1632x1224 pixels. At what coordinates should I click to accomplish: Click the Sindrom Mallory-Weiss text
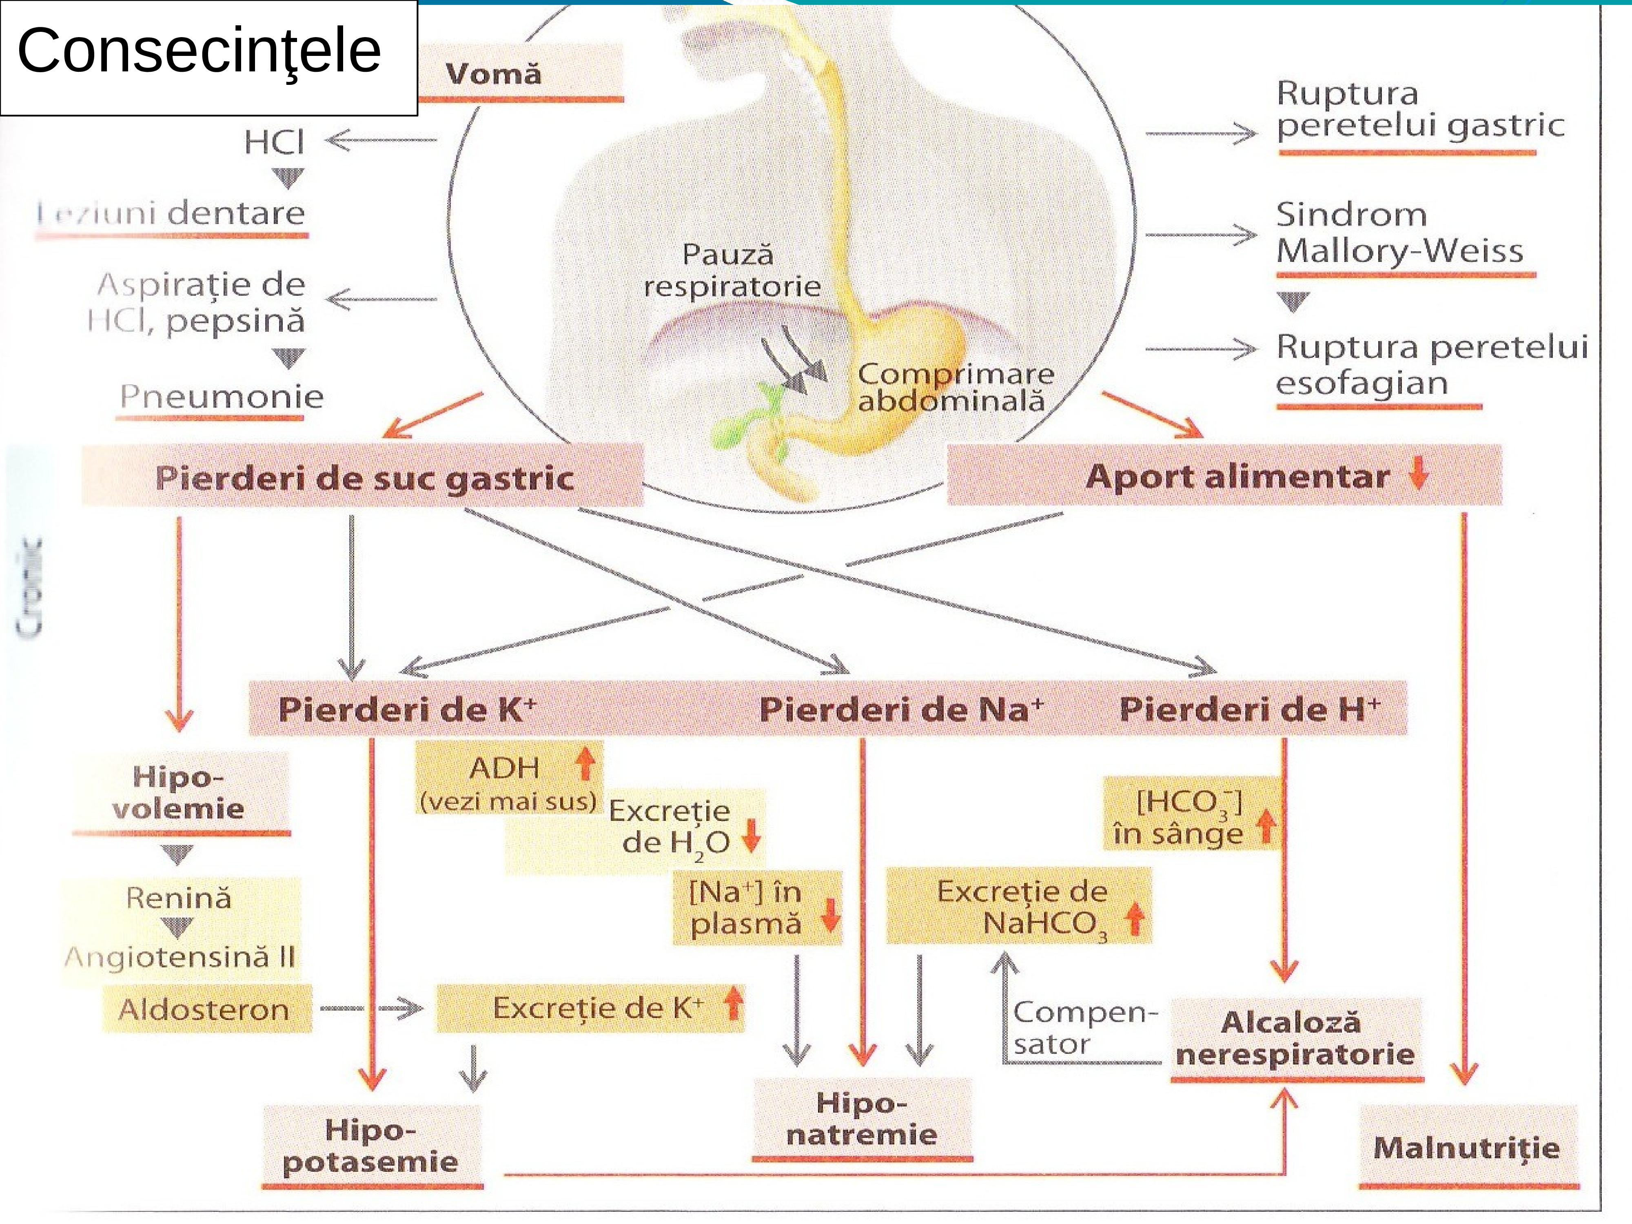[x=1399, y=233]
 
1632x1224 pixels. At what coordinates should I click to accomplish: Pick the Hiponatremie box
[x=862, y=1118]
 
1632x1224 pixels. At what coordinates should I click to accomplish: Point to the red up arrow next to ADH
[x=585, y=763]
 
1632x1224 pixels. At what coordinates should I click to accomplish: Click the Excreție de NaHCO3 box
[x=1019, y=907]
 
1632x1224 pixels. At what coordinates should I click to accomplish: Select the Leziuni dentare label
[x=171, y=214]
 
